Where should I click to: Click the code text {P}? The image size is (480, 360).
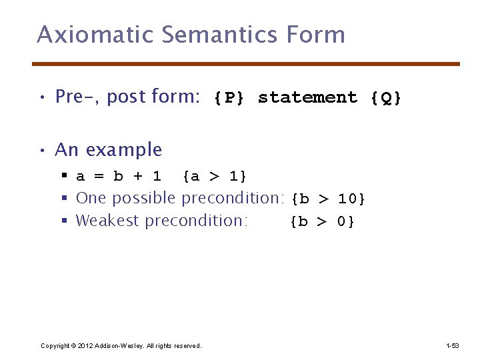tap(229, 98)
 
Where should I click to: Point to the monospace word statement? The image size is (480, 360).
tap(307, 98)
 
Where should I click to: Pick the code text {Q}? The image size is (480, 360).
tap(386, 98)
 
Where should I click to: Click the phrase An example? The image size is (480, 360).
tap(109, 150)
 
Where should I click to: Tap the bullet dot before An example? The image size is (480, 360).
tap(41, 151)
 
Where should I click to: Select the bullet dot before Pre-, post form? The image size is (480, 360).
tap(41, 97)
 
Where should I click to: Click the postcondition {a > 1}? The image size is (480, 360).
tap(215, 177)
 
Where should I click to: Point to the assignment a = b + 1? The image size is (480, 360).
tap(119, 177)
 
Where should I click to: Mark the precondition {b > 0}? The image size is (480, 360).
tap(323, 221)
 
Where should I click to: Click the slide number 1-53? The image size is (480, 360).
tap(452, 345)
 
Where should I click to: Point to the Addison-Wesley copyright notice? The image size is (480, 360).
tap(121, 345)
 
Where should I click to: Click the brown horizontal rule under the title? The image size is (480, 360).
tap(246, 64)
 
